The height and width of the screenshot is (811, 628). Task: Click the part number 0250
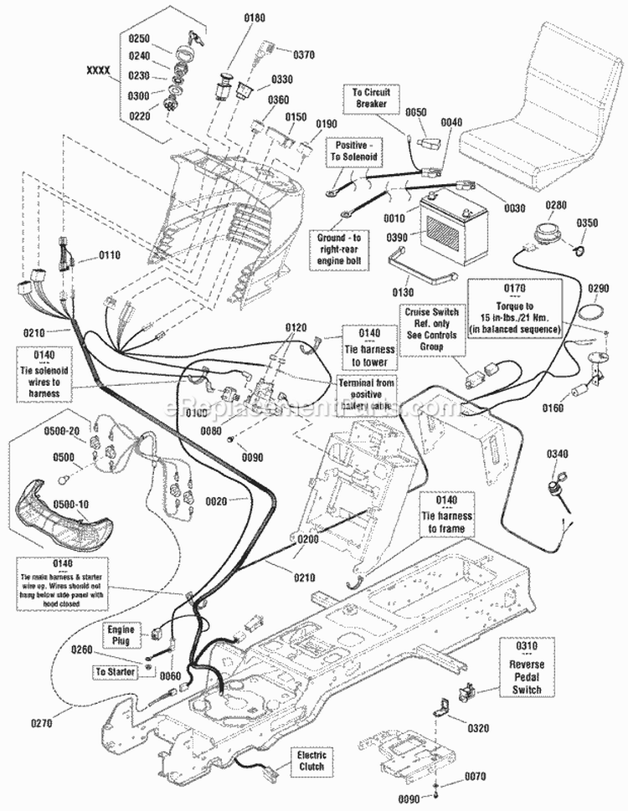tap(138, 38)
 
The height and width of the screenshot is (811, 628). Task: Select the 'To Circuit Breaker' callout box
tap(369, 97)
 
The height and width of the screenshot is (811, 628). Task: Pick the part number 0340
tap(558, 455)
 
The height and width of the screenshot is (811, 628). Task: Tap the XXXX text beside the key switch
tap(99, 72)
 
